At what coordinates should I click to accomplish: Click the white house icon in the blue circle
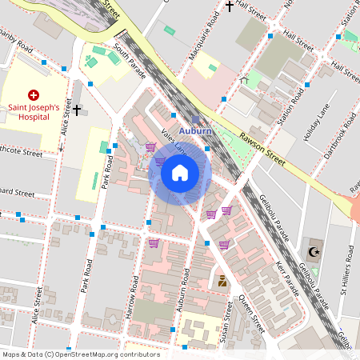[x=180, y=173]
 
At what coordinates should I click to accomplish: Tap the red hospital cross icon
[x=34, y=94]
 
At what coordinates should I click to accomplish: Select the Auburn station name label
[x=195, y=130]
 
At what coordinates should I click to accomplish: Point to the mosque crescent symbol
[x=314, y=252]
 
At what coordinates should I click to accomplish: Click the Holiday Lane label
[x=317, y=123]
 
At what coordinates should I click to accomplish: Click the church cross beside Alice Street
[x=77, y=110]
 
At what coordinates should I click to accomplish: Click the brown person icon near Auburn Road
[x=222, y=281]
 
